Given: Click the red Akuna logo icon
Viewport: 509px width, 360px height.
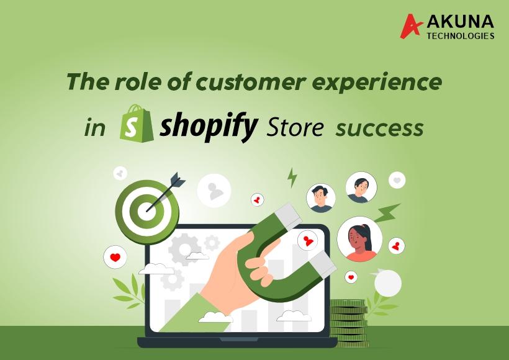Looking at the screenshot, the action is tap(411, 26).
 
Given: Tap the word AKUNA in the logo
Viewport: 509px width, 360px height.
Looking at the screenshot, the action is tap(461, 22).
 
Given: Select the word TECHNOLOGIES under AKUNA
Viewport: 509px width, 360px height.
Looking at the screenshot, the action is tap(461, 35).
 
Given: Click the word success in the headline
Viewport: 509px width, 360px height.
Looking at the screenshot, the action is tap(379, 128).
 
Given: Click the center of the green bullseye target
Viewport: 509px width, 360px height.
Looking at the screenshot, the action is tap(146, 212).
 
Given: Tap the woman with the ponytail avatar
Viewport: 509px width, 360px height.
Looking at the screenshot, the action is tap(359, 239).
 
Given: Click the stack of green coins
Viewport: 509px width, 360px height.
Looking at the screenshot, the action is tap(349, 323).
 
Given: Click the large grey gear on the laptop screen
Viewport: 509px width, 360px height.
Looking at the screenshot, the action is tap(184, 249).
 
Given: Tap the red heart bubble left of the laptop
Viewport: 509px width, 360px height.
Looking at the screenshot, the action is tap(115, 258).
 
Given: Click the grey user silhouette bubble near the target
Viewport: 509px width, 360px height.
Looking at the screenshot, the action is tap(214, 191).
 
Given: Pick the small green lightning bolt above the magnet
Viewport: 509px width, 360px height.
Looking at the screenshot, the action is tap(292, 178).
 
